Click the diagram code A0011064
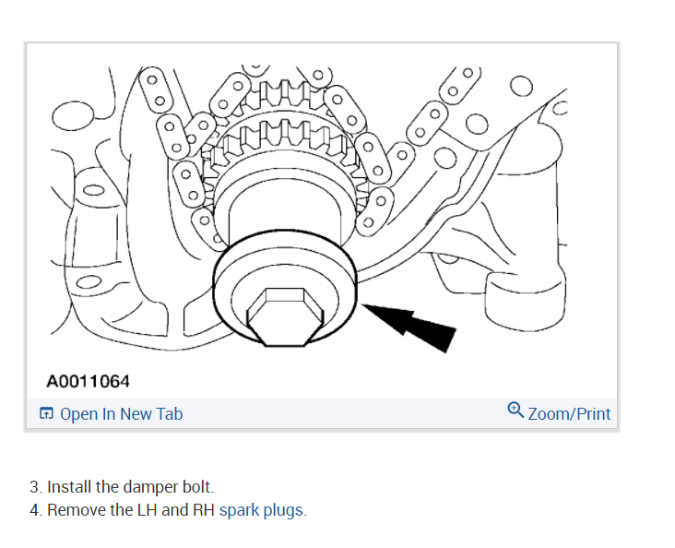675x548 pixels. coord(89,380)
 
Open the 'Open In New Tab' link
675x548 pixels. coord(121,414)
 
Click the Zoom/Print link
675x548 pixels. coord(569,414)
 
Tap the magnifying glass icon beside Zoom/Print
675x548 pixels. coord(515,411)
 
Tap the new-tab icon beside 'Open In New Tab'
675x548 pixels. coord(47,414)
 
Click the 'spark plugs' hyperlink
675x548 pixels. coord(261,509)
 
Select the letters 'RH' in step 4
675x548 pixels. coord(202,509)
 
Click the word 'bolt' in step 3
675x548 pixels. coord(196,486)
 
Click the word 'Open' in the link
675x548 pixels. coord(78,414)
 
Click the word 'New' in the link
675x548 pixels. coord(135,414)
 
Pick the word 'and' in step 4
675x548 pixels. coord(175,509)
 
